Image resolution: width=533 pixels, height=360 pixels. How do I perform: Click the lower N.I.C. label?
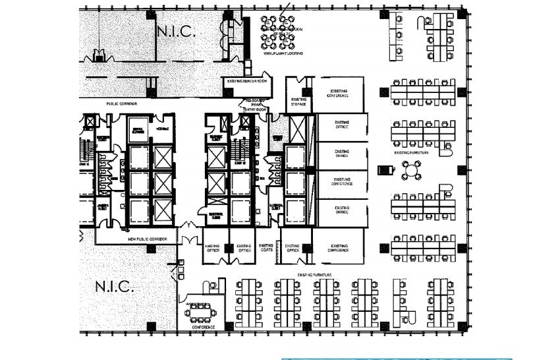pyautogui.click(x=115, y=287)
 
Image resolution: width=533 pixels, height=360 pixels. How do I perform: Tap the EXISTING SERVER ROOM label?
pyautogui.click(x=247, y=81)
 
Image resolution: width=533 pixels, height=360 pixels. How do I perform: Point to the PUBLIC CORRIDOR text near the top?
pyautogui.click(x=123, y=104)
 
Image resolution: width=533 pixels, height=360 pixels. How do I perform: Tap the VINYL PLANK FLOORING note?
pyautogui.click(x=283, y=53)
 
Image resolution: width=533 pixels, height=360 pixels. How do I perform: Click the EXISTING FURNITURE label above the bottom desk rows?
pyautogui.click(x=314, y=274)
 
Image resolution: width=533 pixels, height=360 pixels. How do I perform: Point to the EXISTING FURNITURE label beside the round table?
pyautogui.click(x=412, y=152)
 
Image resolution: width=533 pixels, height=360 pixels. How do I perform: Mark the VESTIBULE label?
pyautogui.click(x=163, y=129)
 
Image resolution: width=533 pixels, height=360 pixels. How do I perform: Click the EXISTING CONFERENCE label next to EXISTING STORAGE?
pyautogui.click(x=337, y=93)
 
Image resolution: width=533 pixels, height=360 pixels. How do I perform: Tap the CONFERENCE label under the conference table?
pyautogui.click(x=203, y=326)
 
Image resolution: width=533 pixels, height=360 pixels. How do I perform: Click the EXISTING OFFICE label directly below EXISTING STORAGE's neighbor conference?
pyautogui.click(x=341, y=124)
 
